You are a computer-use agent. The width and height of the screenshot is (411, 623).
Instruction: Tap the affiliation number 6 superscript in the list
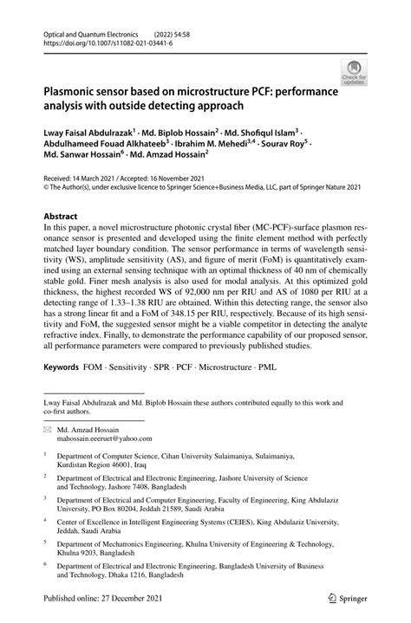pyautogui.click(x=45, y=561)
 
